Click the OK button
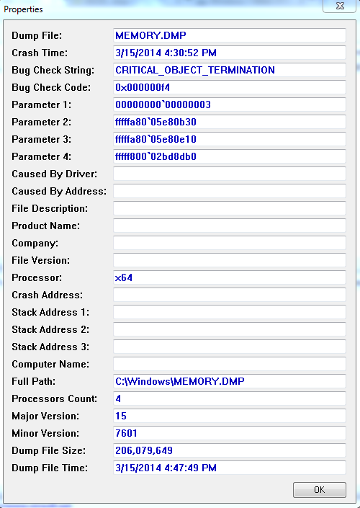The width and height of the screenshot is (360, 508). tap(319, 489)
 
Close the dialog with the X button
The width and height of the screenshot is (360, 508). tap(340, 6)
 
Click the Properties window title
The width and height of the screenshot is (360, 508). tap(23, 9)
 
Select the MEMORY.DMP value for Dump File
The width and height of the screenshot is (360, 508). tap(151, 35)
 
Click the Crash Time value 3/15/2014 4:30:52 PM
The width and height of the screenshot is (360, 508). tap(166, 53)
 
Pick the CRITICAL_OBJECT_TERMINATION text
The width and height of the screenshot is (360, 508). tap(195, 71)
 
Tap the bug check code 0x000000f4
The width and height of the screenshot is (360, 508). tap(143, 87)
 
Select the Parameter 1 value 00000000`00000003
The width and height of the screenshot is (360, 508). tap(163, 104)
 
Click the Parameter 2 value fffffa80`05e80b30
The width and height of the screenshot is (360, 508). tap(156, 122)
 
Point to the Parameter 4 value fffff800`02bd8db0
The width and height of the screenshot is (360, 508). tap(156, 157)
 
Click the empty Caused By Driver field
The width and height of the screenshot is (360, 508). tap(230, 174)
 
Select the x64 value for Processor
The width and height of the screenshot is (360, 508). tap(124, 278)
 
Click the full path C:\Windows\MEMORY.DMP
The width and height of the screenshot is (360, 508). tap(180, 381)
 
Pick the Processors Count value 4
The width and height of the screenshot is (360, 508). tap(118, 398)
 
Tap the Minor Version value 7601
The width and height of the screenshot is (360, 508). tap(126, 433)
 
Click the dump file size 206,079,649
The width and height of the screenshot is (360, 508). tap(144, 450)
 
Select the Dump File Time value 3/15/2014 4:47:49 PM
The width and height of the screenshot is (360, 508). tap(166, 468)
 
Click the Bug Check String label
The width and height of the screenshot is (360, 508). tap(53, 71)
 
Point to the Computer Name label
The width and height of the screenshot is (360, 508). tap(50, 364)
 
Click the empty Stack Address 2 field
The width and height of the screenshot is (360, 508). tap(230, 329)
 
